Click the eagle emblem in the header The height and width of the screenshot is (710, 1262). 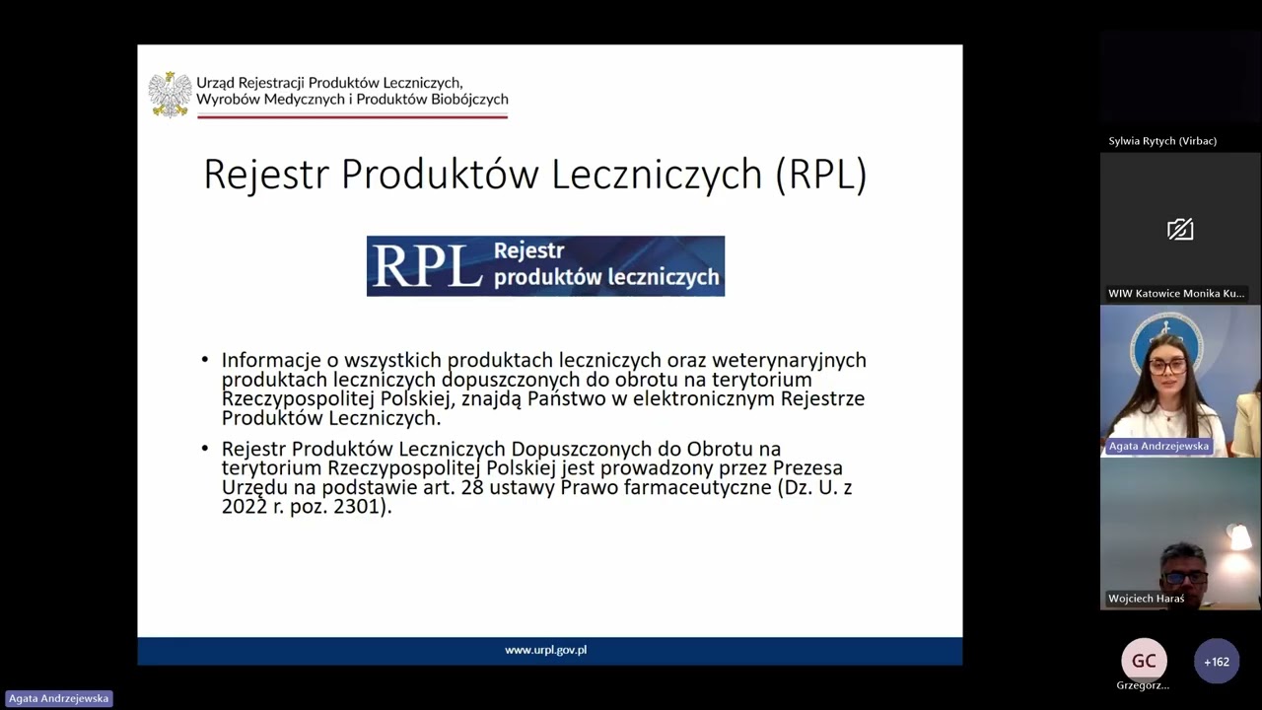tap(170, 95)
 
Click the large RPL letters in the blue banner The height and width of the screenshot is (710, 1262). tap(427, 266)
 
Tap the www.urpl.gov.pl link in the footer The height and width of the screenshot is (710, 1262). tap(545, 650)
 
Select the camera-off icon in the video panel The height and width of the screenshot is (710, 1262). tap(1180, 230)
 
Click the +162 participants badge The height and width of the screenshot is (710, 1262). tap(1216, 662)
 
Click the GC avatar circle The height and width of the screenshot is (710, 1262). tap(1144, 661)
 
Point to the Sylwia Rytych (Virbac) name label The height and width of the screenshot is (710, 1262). tap(1162, 141)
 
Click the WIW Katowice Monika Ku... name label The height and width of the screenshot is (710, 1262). tap(1176, 294)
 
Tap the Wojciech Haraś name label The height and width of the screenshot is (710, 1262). tap(1146, 599)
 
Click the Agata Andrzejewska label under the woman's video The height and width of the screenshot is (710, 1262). tap(1158, 446)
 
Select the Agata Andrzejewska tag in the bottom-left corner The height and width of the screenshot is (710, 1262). tap(58, 698)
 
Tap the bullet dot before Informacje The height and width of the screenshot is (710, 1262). tap(205, 361)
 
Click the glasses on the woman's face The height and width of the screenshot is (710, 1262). tap(1168, 366)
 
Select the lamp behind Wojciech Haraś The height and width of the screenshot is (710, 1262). tap(1237, 538)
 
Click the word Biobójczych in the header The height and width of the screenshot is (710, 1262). tap(469, 100)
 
